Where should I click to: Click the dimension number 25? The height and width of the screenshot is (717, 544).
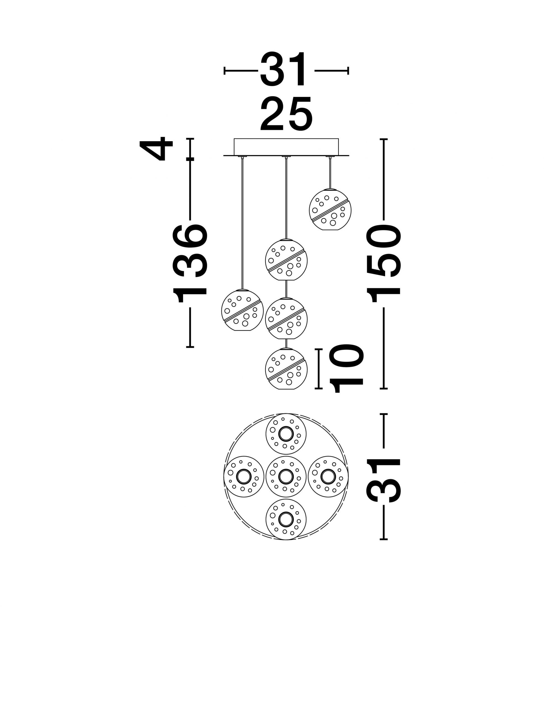[286, 113]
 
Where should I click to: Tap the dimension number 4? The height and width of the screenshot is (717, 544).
[156, 149]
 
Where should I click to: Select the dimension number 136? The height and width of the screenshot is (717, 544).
[189, 262]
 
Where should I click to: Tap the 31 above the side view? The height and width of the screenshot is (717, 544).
[283, 70]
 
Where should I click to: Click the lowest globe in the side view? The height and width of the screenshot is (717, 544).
[286, 369]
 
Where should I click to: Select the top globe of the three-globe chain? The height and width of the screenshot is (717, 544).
[286, 260]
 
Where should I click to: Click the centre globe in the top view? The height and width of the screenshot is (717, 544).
[286, 476]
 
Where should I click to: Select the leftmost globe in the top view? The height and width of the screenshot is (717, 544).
[244, 476]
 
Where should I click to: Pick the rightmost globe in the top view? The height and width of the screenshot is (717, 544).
[328, 476]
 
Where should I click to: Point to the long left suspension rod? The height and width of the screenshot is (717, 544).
[242, 223]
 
